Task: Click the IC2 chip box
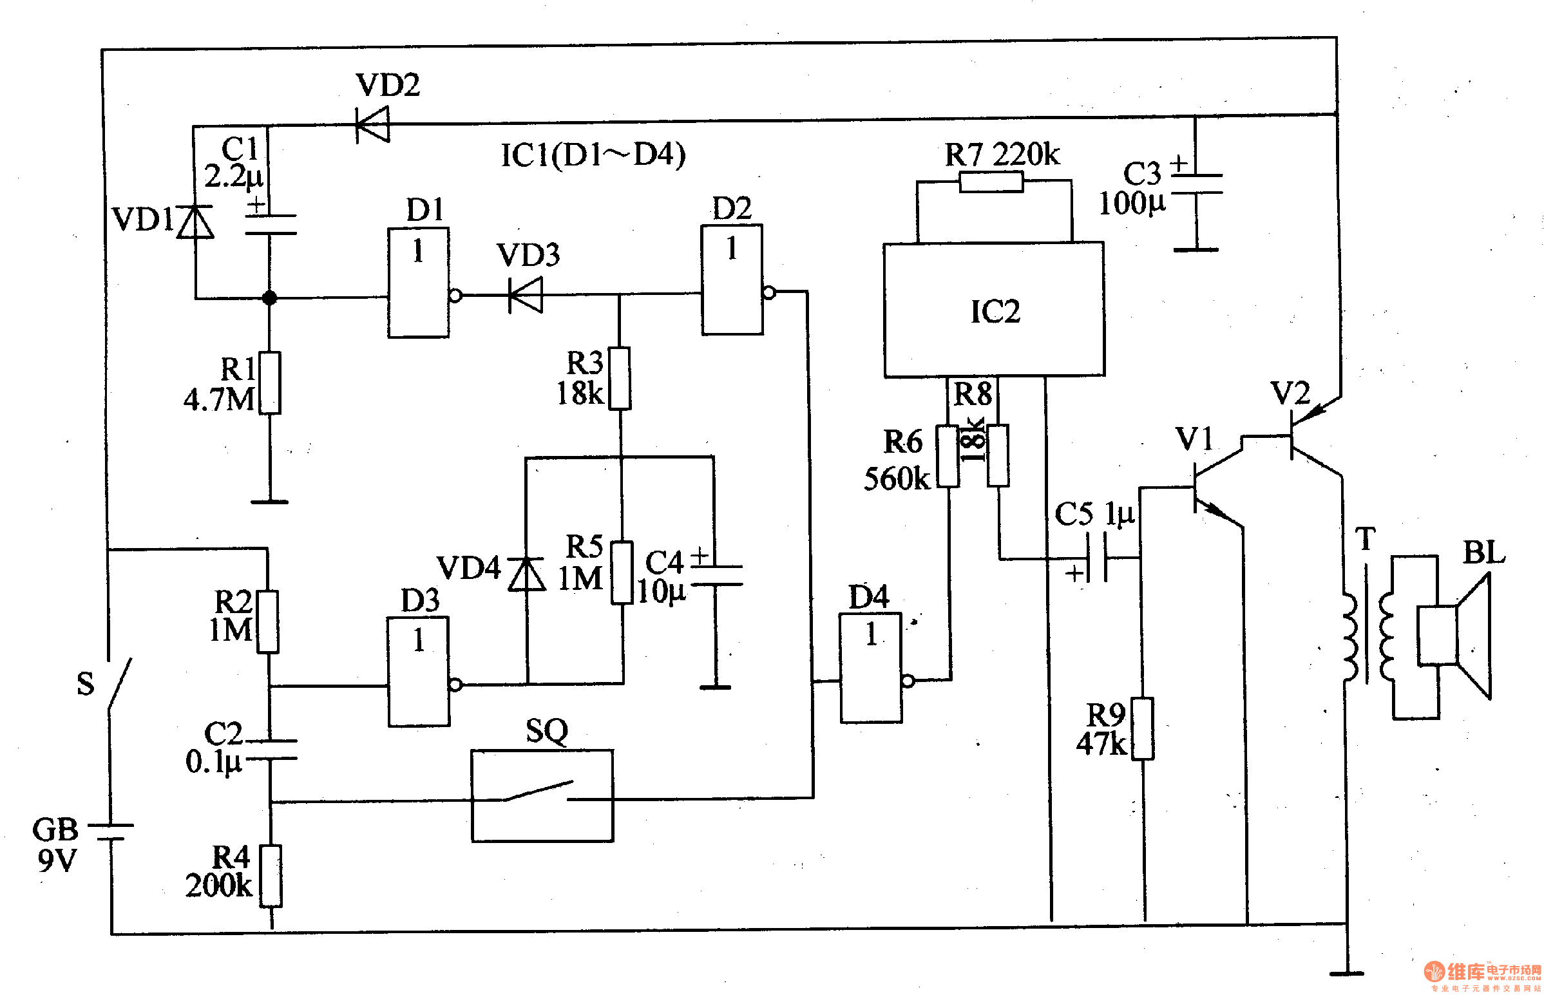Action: pos(994,310)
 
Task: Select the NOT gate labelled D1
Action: pos(418,283)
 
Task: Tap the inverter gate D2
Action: pos(732,280)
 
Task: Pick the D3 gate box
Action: pos(418,672)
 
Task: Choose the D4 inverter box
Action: pos(870,667)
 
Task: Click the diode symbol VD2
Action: pos(374,124)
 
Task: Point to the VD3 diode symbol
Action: pos(526,295)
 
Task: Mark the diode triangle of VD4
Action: pos(526,574)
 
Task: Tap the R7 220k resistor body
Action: pos(991,182)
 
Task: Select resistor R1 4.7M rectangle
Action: pos(270,383)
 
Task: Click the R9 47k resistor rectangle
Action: pos(1143,728)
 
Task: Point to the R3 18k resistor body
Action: pos(620,379)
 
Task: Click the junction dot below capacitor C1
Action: pos(269,298)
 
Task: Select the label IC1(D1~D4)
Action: pos(593,155)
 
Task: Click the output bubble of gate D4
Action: pos(908,681)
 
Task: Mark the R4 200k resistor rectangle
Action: pos(271,876)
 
